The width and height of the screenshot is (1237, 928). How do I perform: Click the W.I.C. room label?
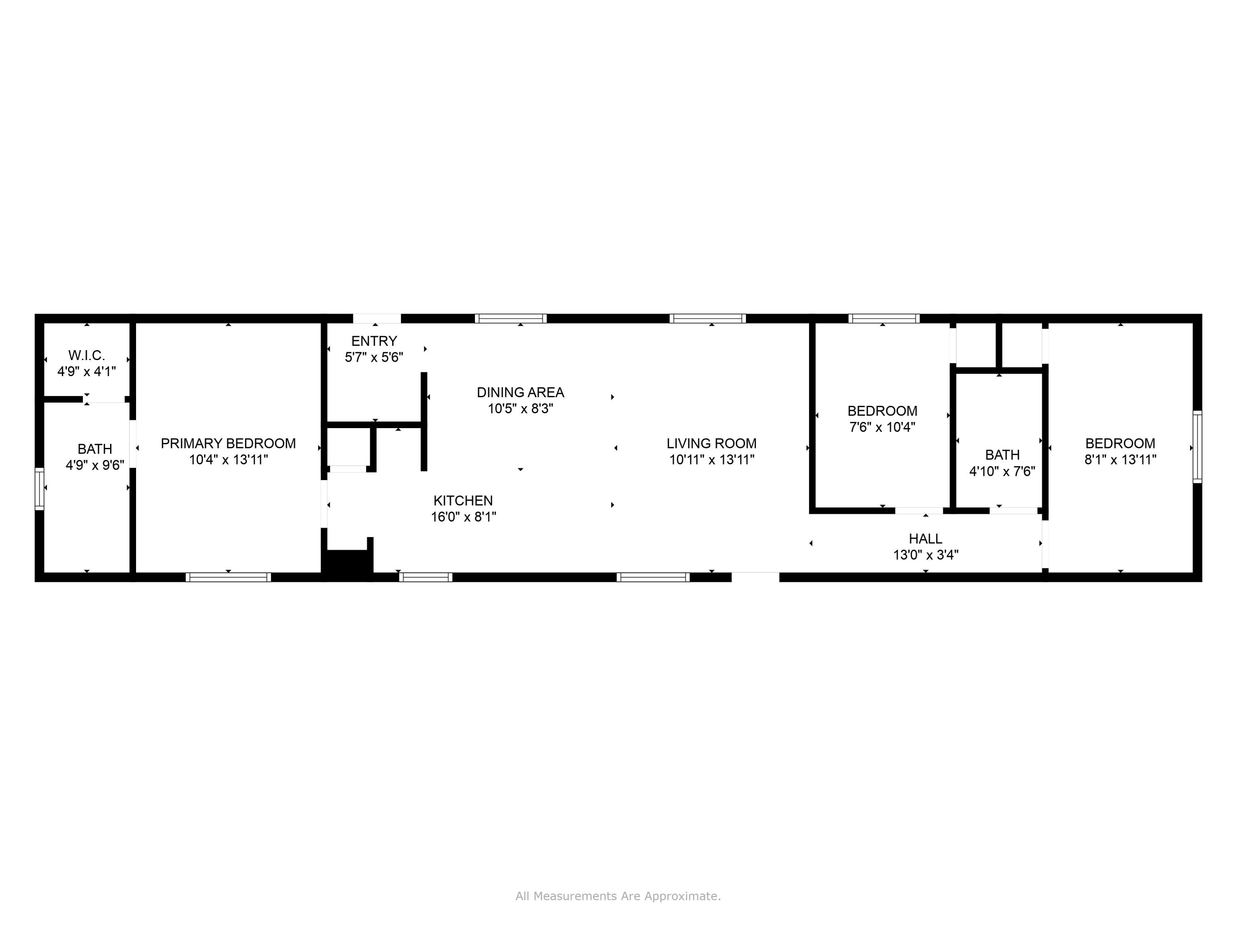(87, 355)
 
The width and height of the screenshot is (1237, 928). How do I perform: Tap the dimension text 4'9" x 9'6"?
(95, 465)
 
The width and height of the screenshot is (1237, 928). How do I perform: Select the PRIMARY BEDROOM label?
(228, 443)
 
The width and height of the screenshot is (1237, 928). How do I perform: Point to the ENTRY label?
(374, 341)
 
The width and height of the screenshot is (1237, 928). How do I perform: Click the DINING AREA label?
(520, 393)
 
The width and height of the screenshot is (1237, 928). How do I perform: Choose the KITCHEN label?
(463, 501)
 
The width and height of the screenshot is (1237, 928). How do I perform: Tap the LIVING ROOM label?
(711, 443)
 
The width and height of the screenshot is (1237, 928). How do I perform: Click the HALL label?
(926, 539)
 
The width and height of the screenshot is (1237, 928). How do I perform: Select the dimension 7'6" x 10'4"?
(882, 427)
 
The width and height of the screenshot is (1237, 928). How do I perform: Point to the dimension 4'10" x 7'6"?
(1002, 471)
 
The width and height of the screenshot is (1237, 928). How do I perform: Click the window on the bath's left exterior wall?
(40, 488)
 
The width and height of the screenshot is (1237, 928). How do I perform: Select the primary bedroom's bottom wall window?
(228, 577)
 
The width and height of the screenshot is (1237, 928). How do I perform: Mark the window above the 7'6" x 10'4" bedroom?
(884, 319)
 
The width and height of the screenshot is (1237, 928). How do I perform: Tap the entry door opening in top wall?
(377, 319)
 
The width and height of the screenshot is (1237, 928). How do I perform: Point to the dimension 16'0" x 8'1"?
(463, 517)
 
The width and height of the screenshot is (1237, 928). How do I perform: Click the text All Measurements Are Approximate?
(618, 896)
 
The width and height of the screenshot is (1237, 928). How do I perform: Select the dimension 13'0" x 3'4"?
(926, 555)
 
